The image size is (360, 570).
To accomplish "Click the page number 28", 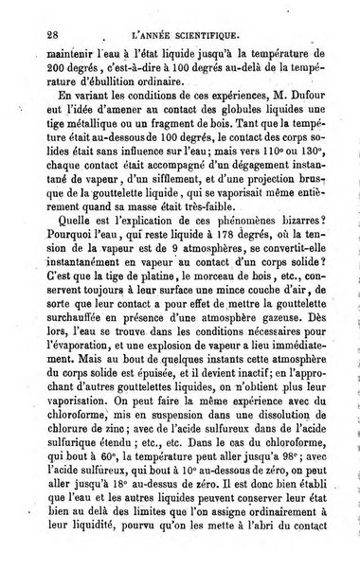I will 39,31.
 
